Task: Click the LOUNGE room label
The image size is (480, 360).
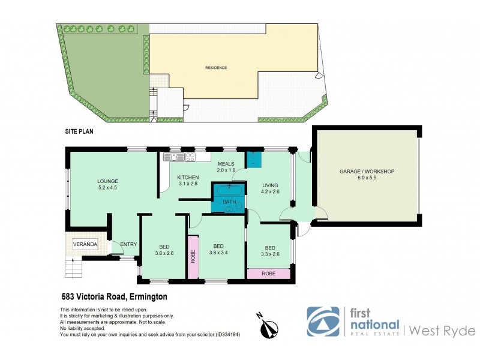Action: point(108,181)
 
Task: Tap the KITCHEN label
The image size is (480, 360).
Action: point(188,178)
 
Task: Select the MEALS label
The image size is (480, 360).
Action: point(226,163)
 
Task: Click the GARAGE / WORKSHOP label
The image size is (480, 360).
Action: point(366,172)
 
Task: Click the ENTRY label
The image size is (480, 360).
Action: point(128,244)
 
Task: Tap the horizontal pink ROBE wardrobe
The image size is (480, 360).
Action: point(268,274)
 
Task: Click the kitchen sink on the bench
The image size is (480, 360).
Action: point(176,157)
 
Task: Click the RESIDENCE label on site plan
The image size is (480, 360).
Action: point(217,68)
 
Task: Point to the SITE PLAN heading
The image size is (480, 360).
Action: point(79,130)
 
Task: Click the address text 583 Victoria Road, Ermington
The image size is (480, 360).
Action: point(114,296)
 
